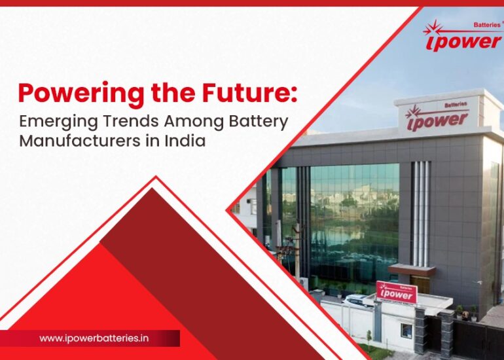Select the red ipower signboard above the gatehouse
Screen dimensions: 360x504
pyautogui.click(x=397, y=292)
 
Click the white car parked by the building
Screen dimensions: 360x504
pyautogui.click(x=359, y=301)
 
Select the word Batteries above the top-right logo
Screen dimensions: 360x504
pyautogui.click(x=485, y=24)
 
